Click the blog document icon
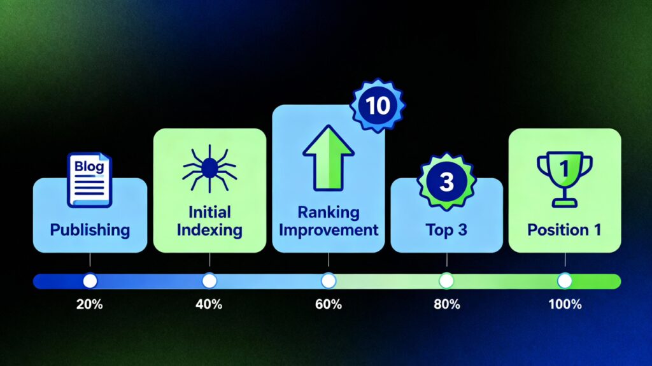(x=89, y=179)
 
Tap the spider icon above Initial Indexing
(x=209, y=169)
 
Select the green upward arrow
(x=329, y=158)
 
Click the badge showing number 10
(x=378, y=106)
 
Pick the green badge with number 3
(x=446, y=181)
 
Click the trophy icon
(x=564, y=179)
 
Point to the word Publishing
(x=90, y=230)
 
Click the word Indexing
(x=209, y=230)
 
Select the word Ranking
(x=329, y=213)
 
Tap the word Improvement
(x=329, y=230)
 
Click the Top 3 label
(x=446, y=230)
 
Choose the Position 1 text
(x=564, y=230)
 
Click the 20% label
(x=89, y=304)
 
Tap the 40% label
(x=209, y=304)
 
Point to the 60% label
(x=329, y=304)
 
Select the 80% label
(x=447, y=304)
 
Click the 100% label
(x=565, y=304)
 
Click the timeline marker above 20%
(x=90, y=281)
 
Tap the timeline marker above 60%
(x=329, y=281)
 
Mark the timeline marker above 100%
(x=565, y=281)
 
